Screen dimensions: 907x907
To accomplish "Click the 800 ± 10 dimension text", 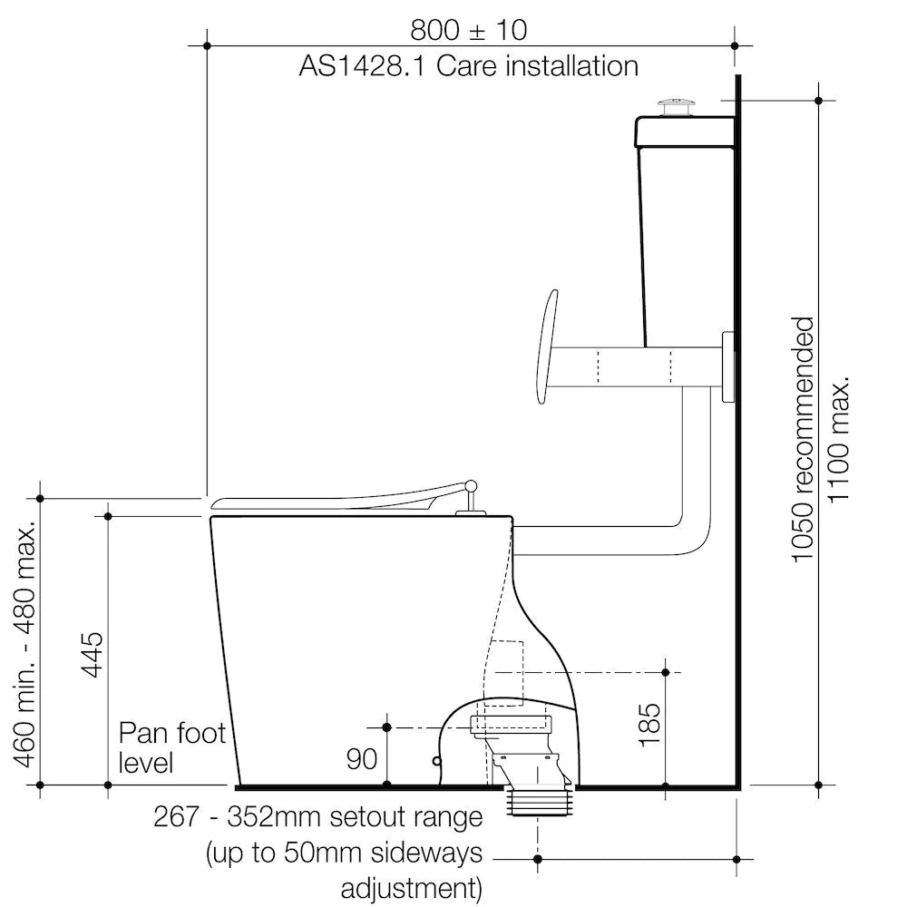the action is coord(469,30).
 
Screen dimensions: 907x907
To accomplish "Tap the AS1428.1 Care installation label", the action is coord(469,66).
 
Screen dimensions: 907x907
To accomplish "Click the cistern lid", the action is coord(686,132).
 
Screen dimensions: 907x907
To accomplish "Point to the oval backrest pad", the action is coord(547,347).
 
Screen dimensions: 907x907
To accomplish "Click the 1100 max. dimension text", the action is coord(838,440).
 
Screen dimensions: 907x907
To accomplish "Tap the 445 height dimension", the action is coord(93,654).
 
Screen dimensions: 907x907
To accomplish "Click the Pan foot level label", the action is coord(171,747).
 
